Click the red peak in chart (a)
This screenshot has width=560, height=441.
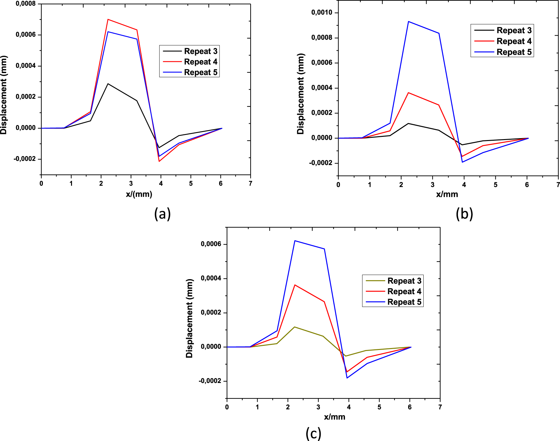tap(108, 20)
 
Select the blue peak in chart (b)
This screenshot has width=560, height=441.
tap(408, 21)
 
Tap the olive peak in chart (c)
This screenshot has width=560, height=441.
tap(294, 327)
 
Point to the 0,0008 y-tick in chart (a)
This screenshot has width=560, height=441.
tap(26, 4)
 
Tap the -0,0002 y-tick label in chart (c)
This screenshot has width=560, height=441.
tap(210, 381)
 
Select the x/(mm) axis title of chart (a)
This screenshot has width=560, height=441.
tap(139, 194)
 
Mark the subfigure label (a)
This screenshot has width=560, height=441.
tap(162, 214)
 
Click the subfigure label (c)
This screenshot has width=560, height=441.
tap(313, 433)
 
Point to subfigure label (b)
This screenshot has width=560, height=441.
tap(464, 214)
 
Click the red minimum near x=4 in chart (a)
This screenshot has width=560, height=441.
tap(159, 161)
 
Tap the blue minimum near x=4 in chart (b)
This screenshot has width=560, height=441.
tap(462, 162)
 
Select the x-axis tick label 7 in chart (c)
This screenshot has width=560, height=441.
tap(440, 407)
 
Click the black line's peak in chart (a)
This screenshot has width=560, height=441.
tap(108, 84)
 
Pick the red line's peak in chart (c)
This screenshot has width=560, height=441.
tap(295, 285)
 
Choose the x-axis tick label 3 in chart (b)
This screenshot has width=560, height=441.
tap(432, 185)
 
